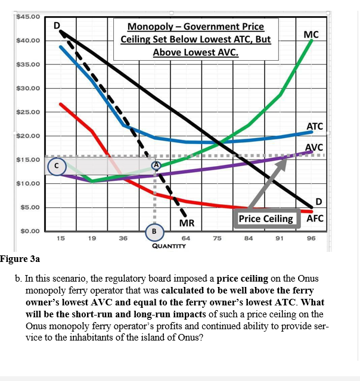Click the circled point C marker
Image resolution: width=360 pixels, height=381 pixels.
(x=56, y=167)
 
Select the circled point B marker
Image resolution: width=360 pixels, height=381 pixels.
(x=154, y=230)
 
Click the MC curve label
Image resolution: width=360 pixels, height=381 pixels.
(x=311, y=35)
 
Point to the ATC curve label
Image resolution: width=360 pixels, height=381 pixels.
(x=314, y=126)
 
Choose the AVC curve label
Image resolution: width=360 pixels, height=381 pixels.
(x=314, y=148)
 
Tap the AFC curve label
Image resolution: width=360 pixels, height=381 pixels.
(x=315, y=218)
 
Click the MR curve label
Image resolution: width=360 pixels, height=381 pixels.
(x=187, y=223)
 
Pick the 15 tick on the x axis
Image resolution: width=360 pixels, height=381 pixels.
(x=60, y=239)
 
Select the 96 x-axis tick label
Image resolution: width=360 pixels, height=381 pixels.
(x=311, y=239)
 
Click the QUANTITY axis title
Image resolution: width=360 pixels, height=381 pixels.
(x=170, y=245)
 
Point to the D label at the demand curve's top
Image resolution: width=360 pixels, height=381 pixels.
(x=57, y=25)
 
